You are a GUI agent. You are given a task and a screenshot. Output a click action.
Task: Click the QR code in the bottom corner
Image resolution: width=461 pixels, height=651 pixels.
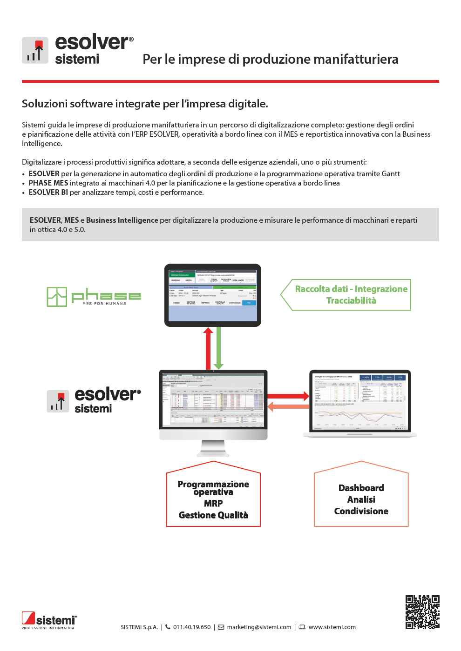pyautogui.click(x=422, y=612)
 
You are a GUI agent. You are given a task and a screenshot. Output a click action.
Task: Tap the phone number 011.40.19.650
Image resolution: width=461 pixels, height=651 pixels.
pyautogui.click(x=191, y=627)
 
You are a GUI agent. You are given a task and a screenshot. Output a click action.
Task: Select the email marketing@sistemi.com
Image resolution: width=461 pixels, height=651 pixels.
pyautogui.click(x=259, y=627)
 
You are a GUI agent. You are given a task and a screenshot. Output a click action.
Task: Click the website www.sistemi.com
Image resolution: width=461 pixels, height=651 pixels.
pyautogui.click(x=332, y=627)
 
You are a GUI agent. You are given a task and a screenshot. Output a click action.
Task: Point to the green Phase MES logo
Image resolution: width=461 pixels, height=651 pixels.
pyautogui.click(x=94, y=296)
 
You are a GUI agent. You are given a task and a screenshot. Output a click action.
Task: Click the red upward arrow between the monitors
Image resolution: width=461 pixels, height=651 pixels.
pyautogui.click(x=208, y=348)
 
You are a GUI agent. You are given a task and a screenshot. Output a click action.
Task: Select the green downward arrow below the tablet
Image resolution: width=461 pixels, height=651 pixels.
pyautogui.click(x=218, y=348)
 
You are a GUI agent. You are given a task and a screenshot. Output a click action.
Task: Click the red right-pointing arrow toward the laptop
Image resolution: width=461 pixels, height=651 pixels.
pyautogui.click(x=288, y=396)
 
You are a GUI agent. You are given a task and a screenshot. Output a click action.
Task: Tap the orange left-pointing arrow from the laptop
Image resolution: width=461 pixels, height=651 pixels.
pyautogui.click(x=288, y=406)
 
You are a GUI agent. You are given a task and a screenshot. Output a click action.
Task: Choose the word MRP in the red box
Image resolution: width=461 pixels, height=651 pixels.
pyautogui.click(x=213, y=503)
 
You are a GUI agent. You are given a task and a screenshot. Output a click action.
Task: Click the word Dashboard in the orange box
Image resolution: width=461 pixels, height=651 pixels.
pyautogui.click(x=361, y=488)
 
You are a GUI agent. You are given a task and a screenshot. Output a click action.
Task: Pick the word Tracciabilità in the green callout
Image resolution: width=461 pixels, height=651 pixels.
pyautogui.click(x=351, y=300)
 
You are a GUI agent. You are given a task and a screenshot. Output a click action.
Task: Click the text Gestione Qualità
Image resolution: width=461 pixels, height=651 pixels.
pyautogui.click(x=213, y=515)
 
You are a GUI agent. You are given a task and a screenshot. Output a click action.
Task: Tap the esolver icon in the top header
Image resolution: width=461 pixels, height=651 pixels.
pyautogui.click(x=35, y=50)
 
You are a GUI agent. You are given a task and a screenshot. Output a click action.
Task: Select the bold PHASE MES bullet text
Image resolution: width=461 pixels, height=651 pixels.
pyautogui.click(x=48, y=183)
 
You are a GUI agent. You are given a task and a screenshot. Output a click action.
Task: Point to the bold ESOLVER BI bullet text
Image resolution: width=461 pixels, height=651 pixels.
pyautogui.click(x=48, y=192)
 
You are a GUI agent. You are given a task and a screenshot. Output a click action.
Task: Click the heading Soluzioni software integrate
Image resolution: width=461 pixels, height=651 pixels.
pyautogui.click(x=145, y=104)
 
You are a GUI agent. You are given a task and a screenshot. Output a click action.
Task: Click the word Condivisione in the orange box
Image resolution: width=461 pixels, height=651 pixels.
pyautogui.click(x=361, y=511)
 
